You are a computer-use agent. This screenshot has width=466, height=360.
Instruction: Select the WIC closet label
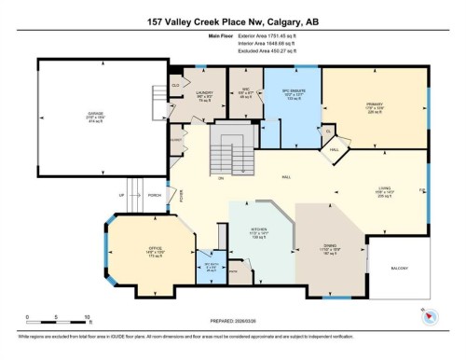(x=245, y=91)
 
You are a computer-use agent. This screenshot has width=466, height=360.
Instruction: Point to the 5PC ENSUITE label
(x=294, y=91)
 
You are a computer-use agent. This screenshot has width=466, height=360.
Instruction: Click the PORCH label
(x=154, y=196)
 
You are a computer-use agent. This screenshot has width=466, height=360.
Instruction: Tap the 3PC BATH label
(x=211, y=265)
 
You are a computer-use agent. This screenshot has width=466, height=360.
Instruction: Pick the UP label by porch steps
(x=121, y=196)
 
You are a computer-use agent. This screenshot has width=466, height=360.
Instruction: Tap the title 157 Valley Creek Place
(x=233, y=19)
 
